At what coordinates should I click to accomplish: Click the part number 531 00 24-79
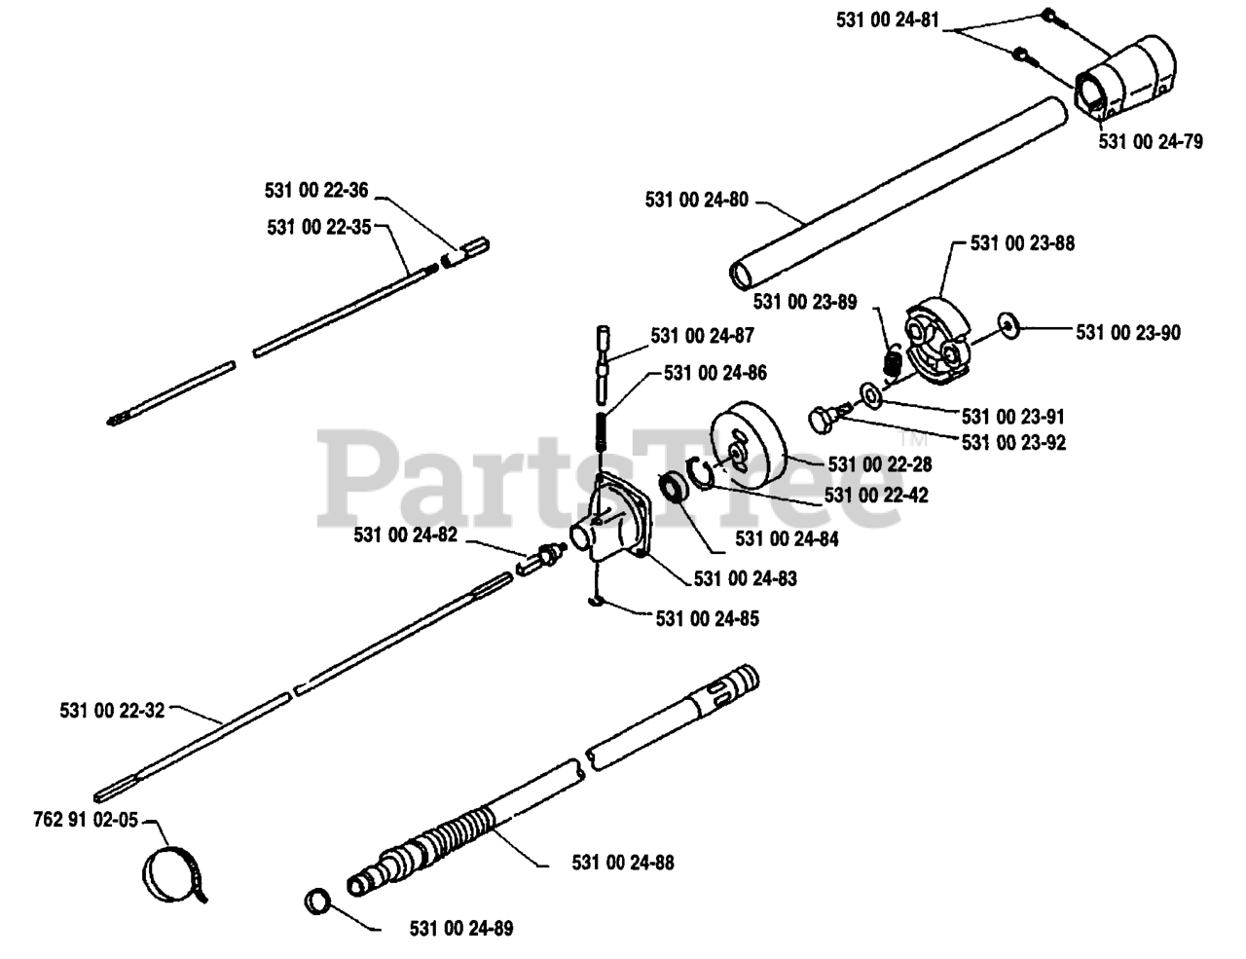click(1150, 142)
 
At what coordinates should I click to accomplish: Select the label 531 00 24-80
click(696, 200)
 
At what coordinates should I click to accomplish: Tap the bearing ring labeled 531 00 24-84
click(671, 486)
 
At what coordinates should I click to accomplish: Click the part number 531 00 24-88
click(622, 863)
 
